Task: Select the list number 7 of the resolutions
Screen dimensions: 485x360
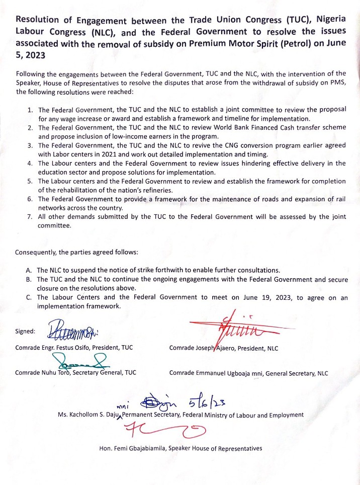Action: (30, 217)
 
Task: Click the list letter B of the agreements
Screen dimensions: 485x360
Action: (29, 279)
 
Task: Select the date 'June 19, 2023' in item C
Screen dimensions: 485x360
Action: (265, 297)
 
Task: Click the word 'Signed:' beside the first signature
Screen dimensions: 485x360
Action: (26, 331)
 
